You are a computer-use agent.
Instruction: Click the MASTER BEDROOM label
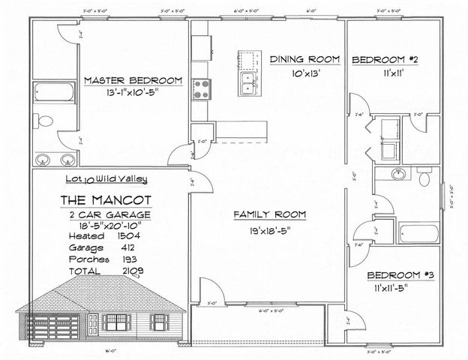point(133,80)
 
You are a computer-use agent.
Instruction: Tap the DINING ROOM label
point(305,58)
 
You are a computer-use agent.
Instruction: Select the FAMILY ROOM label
point(269,215)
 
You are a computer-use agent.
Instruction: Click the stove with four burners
point(201,90)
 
